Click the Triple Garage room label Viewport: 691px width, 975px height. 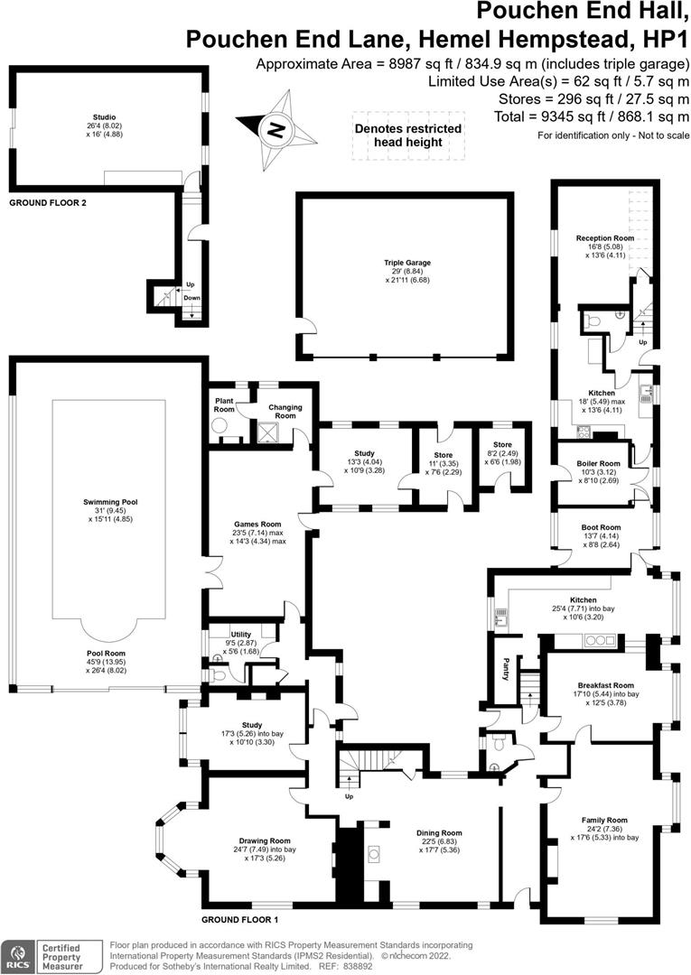pyautogui.click(x=407, y=263)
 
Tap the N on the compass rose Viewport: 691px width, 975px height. pyautogui.click(x=275, y=131)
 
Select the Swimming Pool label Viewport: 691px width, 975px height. pyautogui.click(x=110, y=502)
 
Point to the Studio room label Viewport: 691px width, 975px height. pyautogui.click(x=105, y=116)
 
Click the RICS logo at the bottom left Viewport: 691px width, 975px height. pyautogui.click(x=17, y=956)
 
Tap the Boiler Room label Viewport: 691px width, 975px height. pyautogui.click(x=598, y=463)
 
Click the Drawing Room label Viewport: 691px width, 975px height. pyautogui.click(x=265, y=840)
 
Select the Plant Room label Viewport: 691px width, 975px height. pyautogui.click(x=225, y=404)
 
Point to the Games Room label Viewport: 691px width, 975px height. pyautogui.click(x=257, y=525)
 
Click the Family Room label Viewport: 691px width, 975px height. pyautogui.click(x=604, y=820)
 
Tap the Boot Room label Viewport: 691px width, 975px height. pyautogui.click(x=601, y=527)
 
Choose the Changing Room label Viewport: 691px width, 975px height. pyautogui.click(x=285, y=411)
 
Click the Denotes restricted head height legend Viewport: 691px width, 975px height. pyautogui.click(x=408, y=135)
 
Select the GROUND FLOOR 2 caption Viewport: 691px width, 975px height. pyautogui.click(x=48, y=203)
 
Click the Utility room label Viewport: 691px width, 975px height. pyautogui.click(x=240, y=635)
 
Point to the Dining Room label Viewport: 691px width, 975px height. pyautogui.click(x=439, y=832)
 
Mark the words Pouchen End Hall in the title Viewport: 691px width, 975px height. pyautogui.click(x=583, y=11)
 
